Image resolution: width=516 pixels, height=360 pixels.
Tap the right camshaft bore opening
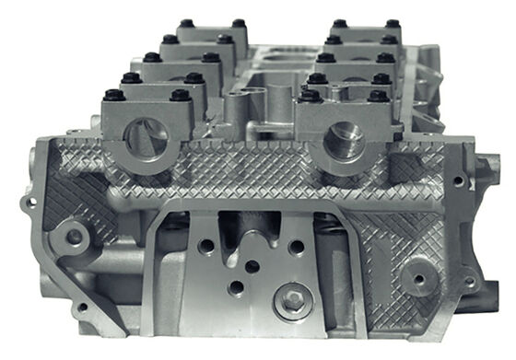tap(345, 141)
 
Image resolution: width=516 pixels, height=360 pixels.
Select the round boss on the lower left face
tap(72, 237)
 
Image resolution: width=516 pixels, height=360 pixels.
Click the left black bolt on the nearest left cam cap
tap(115, 94)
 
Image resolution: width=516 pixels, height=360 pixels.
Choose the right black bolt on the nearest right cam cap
tap(378, 95)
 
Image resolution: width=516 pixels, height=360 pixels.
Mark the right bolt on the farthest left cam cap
tap(239, 23)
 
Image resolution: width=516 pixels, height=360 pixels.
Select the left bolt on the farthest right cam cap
tap(339, 23)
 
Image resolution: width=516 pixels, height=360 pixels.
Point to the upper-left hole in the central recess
tap(208, 246)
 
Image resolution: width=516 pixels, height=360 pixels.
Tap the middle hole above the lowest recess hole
tap(252, 266)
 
